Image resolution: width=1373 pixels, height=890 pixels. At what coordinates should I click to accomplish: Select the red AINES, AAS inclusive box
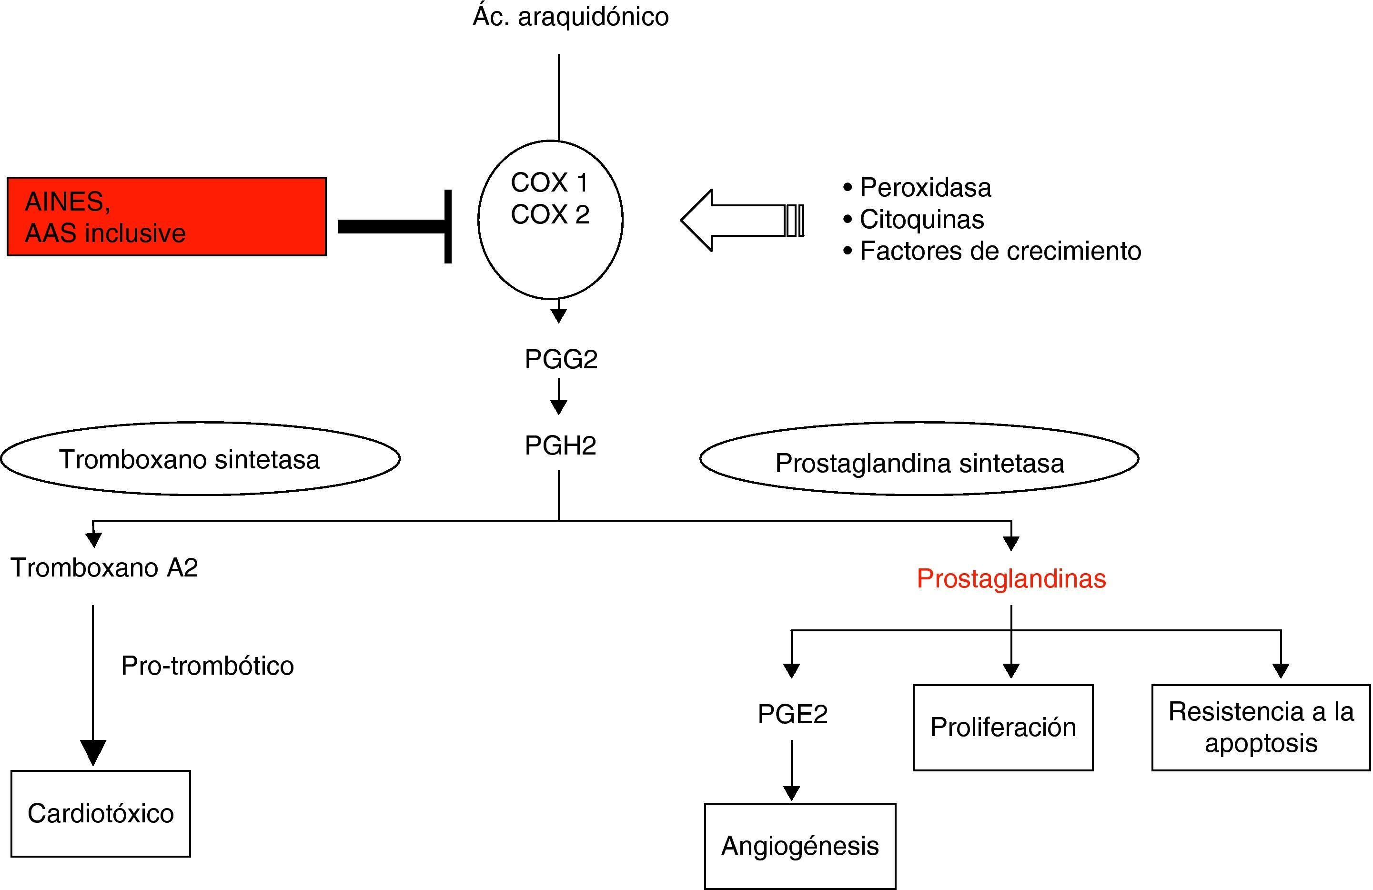click(166, 216)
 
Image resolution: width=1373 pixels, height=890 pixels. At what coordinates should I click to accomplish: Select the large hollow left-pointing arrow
click(741, 220)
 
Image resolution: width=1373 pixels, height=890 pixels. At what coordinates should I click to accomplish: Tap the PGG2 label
click(561, 359)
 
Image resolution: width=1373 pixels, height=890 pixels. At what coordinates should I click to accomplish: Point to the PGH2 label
click(560, 446)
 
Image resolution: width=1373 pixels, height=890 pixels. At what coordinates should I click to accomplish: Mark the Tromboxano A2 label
click(104, 567)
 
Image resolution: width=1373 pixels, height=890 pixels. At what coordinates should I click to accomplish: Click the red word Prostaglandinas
click(1011, 578)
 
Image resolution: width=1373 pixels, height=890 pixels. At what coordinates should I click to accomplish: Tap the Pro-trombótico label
click(207, 666)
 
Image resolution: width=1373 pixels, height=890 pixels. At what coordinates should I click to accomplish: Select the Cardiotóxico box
click(101, 813)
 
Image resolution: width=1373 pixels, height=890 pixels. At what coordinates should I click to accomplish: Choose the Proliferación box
click(1003, 728)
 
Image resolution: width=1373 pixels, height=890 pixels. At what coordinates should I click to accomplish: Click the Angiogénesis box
click(799, 846)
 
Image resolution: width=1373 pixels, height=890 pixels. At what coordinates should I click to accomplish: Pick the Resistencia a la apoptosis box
click(1261, 728)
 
